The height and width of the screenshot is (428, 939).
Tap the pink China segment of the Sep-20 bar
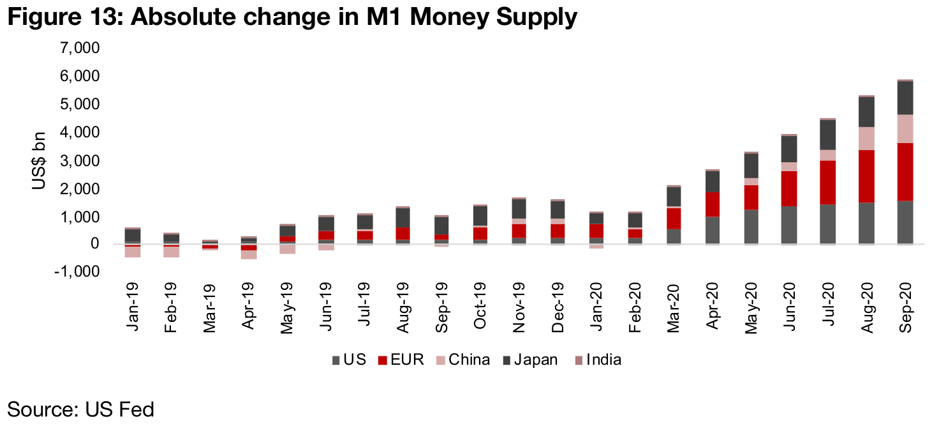pos(904,128)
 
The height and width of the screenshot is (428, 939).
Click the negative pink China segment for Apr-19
pos(249,254)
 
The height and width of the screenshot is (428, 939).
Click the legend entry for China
pos(462,360)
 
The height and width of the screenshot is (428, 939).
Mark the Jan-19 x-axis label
pos(133,308)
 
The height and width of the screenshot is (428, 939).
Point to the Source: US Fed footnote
pos(80,409)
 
